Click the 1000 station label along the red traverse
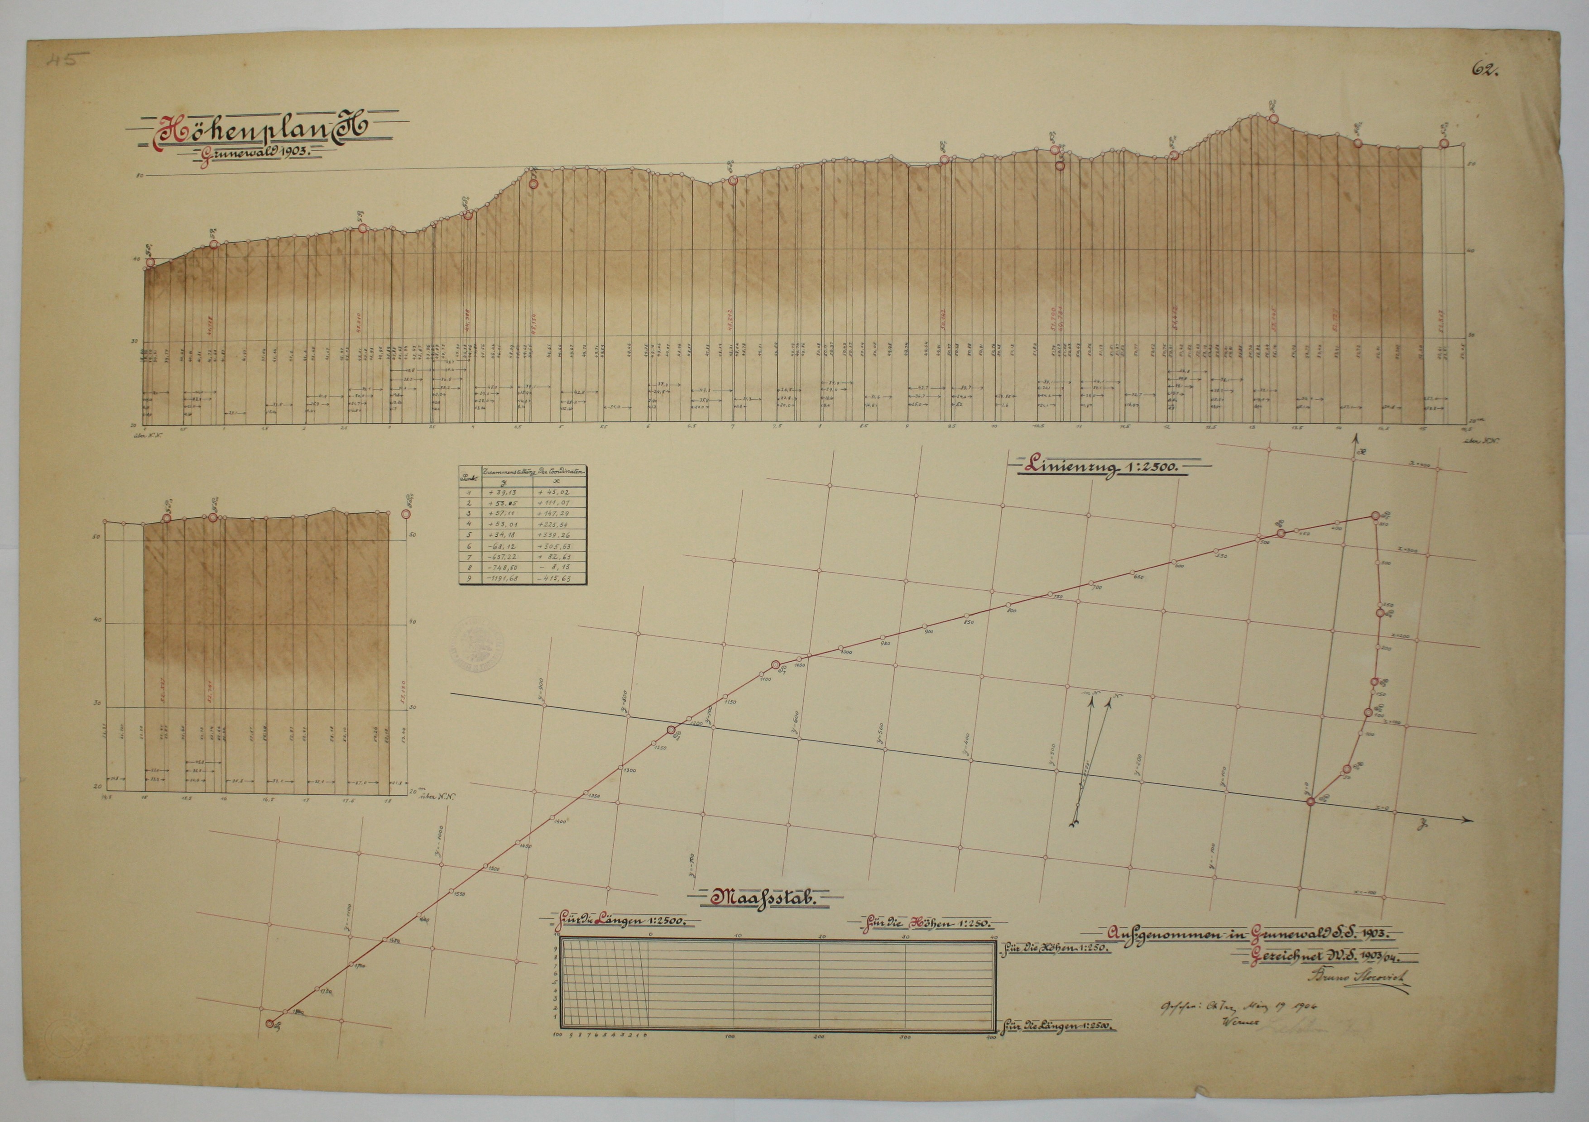846,652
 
